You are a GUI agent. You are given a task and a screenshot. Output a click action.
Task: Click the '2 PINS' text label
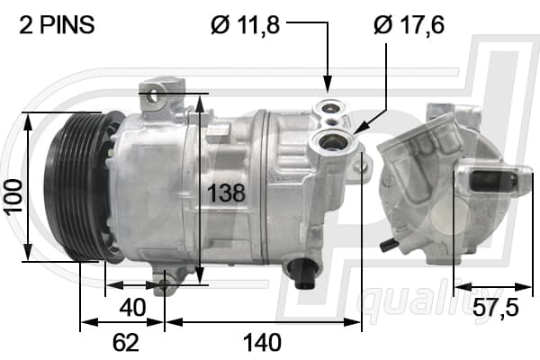[57, 25]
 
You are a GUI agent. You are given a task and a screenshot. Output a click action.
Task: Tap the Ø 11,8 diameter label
[245, 25]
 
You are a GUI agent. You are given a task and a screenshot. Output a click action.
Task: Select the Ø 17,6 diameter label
[409, 25]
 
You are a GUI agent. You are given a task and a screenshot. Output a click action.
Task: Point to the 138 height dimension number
[226, 193]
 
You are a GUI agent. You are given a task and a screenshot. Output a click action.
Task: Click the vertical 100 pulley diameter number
[14, 197]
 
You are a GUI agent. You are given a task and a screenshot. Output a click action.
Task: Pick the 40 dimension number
[132, 308]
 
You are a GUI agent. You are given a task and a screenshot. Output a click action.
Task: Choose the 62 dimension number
[126, 342]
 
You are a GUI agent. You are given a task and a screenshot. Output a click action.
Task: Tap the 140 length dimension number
[262, 343]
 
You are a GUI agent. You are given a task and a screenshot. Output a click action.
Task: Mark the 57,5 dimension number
[495, 308]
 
